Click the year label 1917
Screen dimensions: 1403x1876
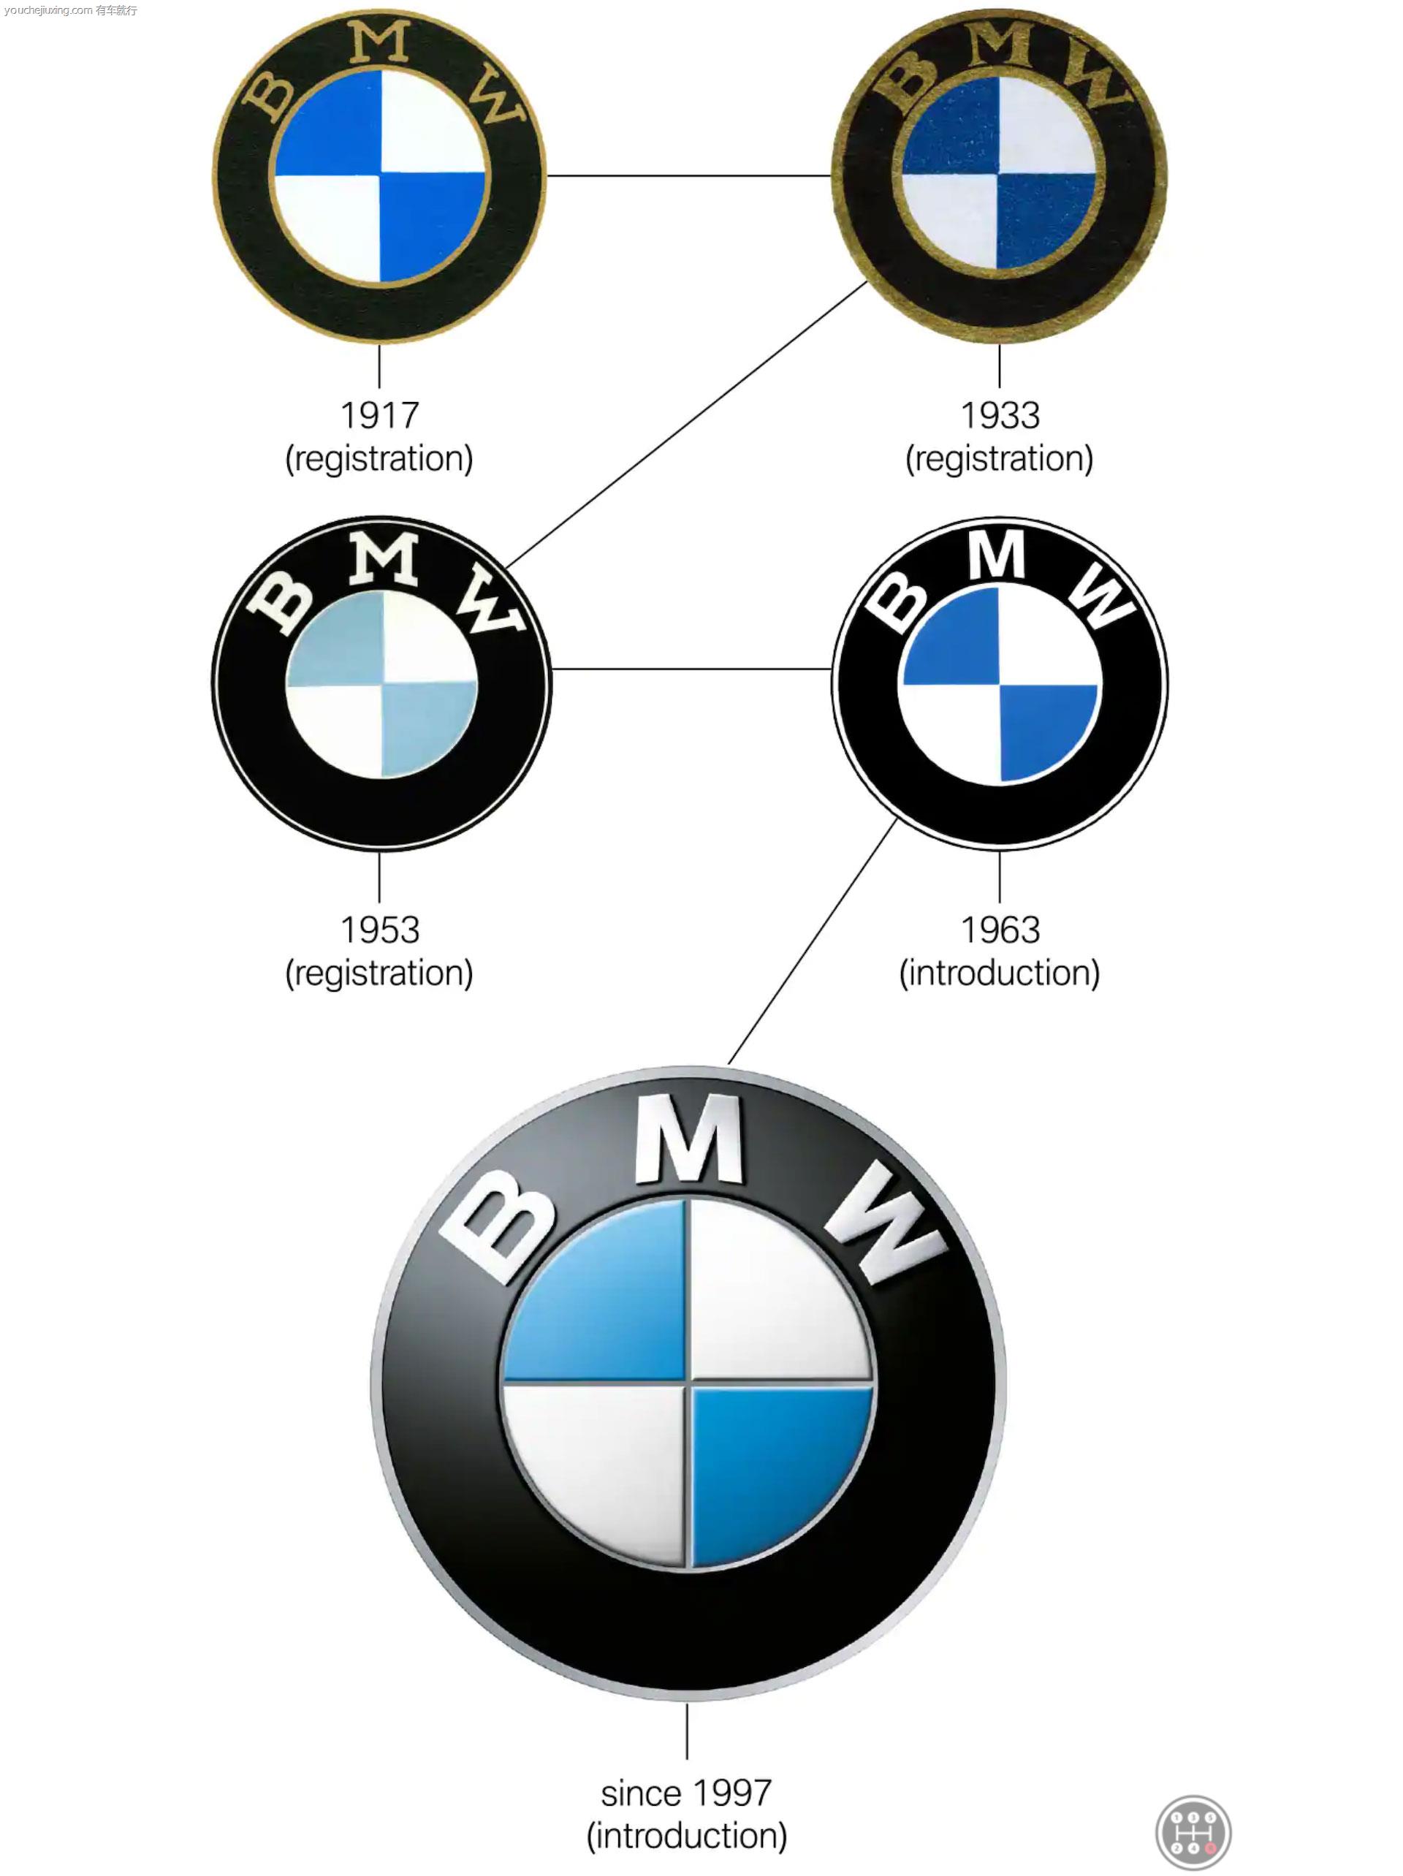point(379,416)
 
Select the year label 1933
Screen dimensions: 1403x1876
point(999,416)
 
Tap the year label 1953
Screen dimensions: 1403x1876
point(379,930)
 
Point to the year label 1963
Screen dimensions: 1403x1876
point(999,930)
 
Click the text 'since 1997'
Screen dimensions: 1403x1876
point(686,1793)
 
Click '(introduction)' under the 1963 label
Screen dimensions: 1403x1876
point(999,973)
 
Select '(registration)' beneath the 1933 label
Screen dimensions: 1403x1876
point(999,459)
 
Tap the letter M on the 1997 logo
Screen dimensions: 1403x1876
point(689,1139)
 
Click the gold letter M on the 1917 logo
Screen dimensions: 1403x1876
point(379,42)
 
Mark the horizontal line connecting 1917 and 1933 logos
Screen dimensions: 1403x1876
point(689,175)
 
